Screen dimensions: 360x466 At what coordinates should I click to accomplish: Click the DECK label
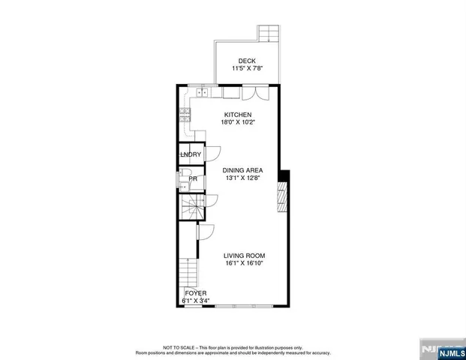pos(247,61)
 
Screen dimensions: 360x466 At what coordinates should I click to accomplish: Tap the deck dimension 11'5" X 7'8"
pos(247,69)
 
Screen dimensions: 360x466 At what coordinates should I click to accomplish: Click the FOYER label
pos(195,293)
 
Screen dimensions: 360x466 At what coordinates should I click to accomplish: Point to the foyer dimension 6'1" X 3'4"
pos(195,301)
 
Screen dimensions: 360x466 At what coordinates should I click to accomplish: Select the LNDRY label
pos(190,154)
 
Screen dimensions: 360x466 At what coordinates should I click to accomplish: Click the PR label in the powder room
pos(193,179)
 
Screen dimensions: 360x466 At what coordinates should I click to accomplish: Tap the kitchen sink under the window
pos(201,94)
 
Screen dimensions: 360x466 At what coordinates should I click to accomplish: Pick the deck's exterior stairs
pos(269,33)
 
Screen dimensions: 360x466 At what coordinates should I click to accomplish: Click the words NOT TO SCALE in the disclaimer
pos(160,348)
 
